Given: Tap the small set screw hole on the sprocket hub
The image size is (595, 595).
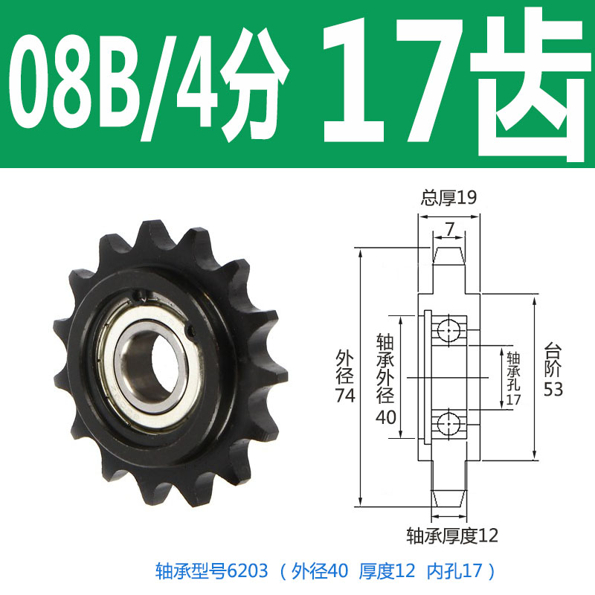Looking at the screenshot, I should tap(192, 333).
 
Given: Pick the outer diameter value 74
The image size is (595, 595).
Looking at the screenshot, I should tap(345, 396).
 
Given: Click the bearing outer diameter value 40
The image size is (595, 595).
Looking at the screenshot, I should tap(386, 417).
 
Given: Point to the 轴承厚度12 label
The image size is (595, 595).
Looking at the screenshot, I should tap(451, 535).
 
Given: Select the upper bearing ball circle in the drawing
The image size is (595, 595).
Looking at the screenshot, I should tap(449, 328).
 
